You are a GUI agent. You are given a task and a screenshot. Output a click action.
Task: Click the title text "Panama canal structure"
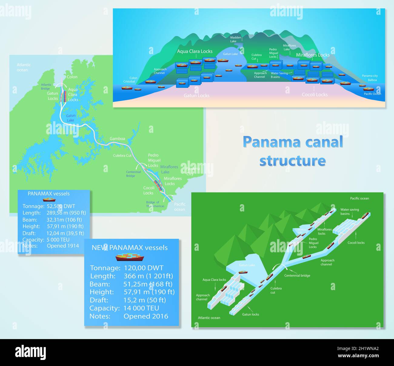[x=293, y=151]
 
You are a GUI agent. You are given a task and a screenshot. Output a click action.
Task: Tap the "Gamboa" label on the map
[x=117, y=139]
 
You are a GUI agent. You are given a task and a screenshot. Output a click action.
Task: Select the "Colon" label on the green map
[x=72, y=77]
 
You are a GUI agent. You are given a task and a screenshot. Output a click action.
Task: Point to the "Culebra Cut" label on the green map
[x=122, y=155]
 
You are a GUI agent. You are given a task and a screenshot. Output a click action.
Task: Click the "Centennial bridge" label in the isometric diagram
[x=297, y=276]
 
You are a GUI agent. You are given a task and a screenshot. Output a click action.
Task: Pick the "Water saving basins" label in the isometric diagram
[x=349, y=211]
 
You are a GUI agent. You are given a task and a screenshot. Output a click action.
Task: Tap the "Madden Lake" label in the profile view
[x=235, y=39]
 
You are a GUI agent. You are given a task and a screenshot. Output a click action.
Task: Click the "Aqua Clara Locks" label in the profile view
[x=195, y=51]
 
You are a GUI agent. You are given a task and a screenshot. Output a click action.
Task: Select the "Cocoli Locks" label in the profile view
[x=315, y=95]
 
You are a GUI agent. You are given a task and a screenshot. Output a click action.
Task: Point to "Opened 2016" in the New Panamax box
[x=146, y=316]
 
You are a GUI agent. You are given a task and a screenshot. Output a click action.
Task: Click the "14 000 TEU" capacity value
[x=141, y=308]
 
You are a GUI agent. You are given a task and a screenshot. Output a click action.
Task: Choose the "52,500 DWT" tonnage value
[x=61, y=206]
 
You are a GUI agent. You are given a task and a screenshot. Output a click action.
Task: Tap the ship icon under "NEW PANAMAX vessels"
[x=130, y=257]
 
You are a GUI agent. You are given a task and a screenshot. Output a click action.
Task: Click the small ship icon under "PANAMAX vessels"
[x=49, y=200]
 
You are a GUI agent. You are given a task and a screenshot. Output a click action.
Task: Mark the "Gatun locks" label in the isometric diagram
[x=251, y=314]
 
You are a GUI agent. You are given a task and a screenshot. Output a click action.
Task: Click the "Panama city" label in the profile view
[x=370, y=76]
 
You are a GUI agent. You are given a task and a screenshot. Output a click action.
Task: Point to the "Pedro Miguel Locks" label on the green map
[x=154, y=160]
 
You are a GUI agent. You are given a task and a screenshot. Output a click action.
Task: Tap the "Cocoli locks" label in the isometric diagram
[x=356, y=243]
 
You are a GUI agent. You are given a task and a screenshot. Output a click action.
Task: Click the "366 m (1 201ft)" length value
[x=148, y=276]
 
